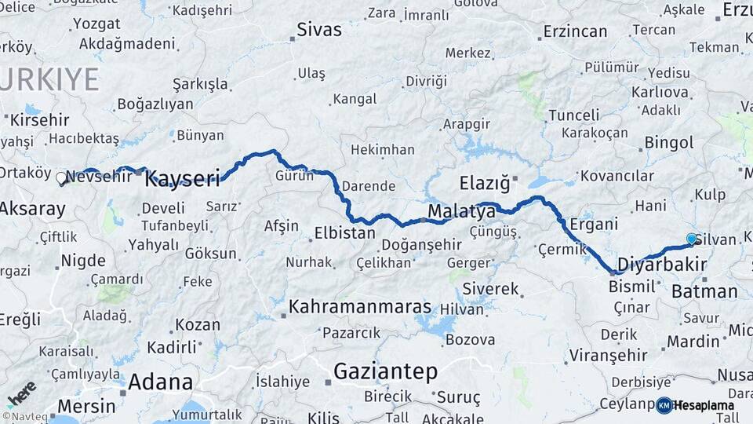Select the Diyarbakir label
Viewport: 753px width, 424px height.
click(662, 263)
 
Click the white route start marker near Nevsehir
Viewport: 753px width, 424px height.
click(61, 178)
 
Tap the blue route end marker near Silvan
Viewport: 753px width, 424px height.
click(691, 238)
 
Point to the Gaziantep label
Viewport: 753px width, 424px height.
click(385, 371)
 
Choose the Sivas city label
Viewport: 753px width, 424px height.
click(318, 30)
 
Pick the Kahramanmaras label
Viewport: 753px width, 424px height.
click(360, 307)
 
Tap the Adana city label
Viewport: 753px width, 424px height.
click(160, 382)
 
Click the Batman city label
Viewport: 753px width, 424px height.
click(704, 292)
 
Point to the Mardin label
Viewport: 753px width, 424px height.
click(693, 342)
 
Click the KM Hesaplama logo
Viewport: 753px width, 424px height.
click(695, 405)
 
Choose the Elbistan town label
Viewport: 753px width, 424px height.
click(344, 233)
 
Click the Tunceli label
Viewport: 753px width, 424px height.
click(573, 115)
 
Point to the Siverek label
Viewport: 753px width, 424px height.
click(491, 289)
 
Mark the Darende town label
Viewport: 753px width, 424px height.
click(368, 186)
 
